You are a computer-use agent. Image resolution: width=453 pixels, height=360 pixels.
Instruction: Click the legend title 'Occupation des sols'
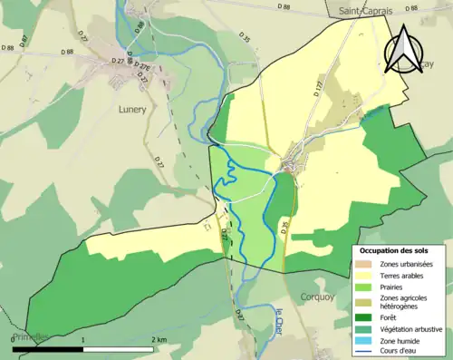point(395,249)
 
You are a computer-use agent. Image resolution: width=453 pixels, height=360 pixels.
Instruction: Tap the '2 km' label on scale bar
point(160,340)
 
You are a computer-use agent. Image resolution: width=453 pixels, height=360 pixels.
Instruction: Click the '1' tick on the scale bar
point(83,340)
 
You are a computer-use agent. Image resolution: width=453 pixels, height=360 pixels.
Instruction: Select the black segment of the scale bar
point(47,349)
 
